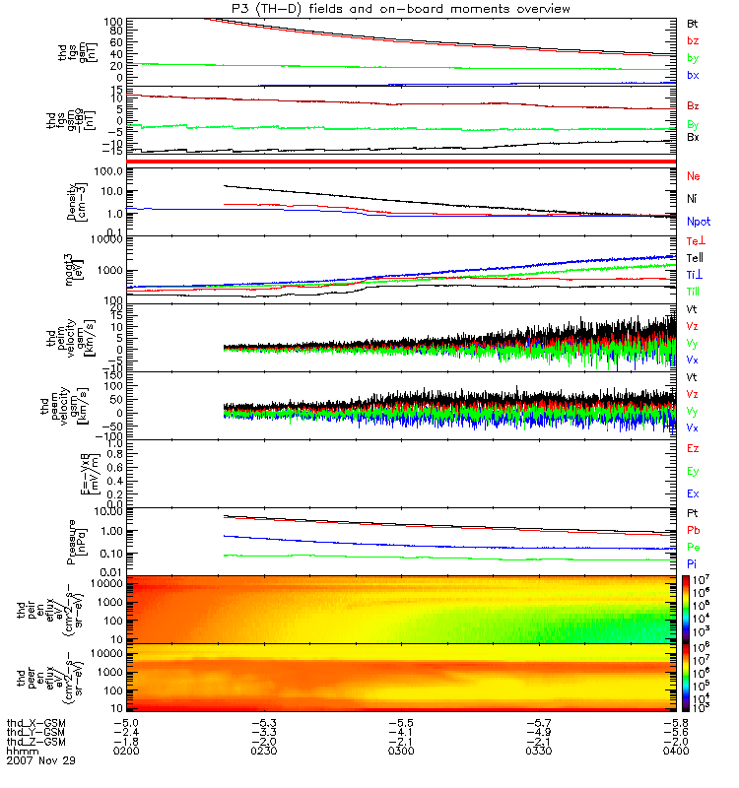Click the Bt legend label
point(693,22)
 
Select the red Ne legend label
point(693,175)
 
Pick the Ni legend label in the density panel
point(693,199)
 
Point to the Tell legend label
point(694,257)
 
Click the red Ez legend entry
point(693,448)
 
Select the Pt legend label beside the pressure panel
point(693,514)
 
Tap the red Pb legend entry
point(693,530)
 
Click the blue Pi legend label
point(693,562)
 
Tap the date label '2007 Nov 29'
point(41,761)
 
